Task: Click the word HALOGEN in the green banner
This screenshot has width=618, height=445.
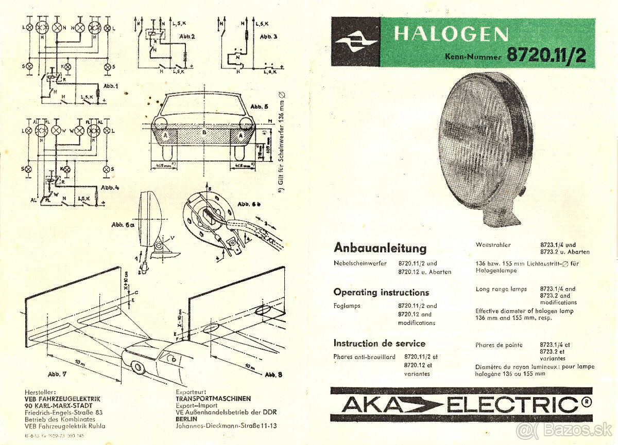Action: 451,34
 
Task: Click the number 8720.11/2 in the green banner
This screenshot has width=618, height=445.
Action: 546,55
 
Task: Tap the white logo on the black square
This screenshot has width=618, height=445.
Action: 355,42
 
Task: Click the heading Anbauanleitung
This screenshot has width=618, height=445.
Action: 380,248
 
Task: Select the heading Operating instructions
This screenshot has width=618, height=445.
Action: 381,292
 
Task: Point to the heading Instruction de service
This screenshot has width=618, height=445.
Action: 379,343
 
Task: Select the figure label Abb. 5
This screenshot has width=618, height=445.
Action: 259,106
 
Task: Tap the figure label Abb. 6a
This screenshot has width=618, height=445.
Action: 124,225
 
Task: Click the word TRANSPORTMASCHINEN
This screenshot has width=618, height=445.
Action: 213,399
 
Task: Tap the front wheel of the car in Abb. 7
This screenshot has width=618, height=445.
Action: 138,367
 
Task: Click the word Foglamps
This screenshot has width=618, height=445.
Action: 347,306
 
